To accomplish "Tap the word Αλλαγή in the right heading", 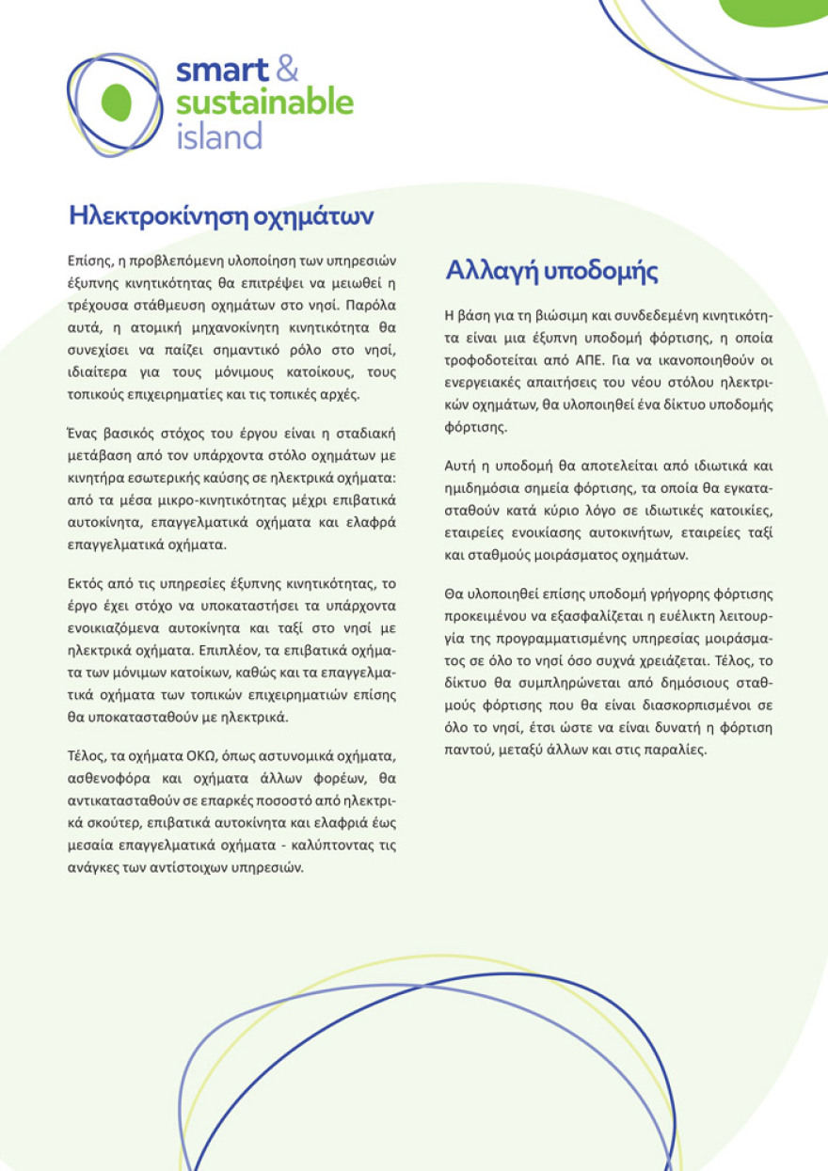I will (x=489, y=271).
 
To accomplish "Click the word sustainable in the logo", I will (x=264, y=103).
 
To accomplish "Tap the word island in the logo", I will (x=218, y=137).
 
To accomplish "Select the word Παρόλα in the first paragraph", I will (x=375, y=307).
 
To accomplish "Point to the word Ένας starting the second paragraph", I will (x=85, y=433).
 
